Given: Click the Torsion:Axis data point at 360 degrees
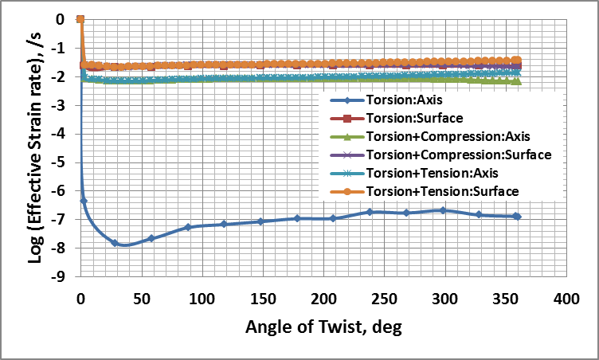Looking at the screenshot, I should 517,216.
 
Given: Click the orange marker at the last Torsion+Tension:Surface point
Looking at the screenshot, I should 517,61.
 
